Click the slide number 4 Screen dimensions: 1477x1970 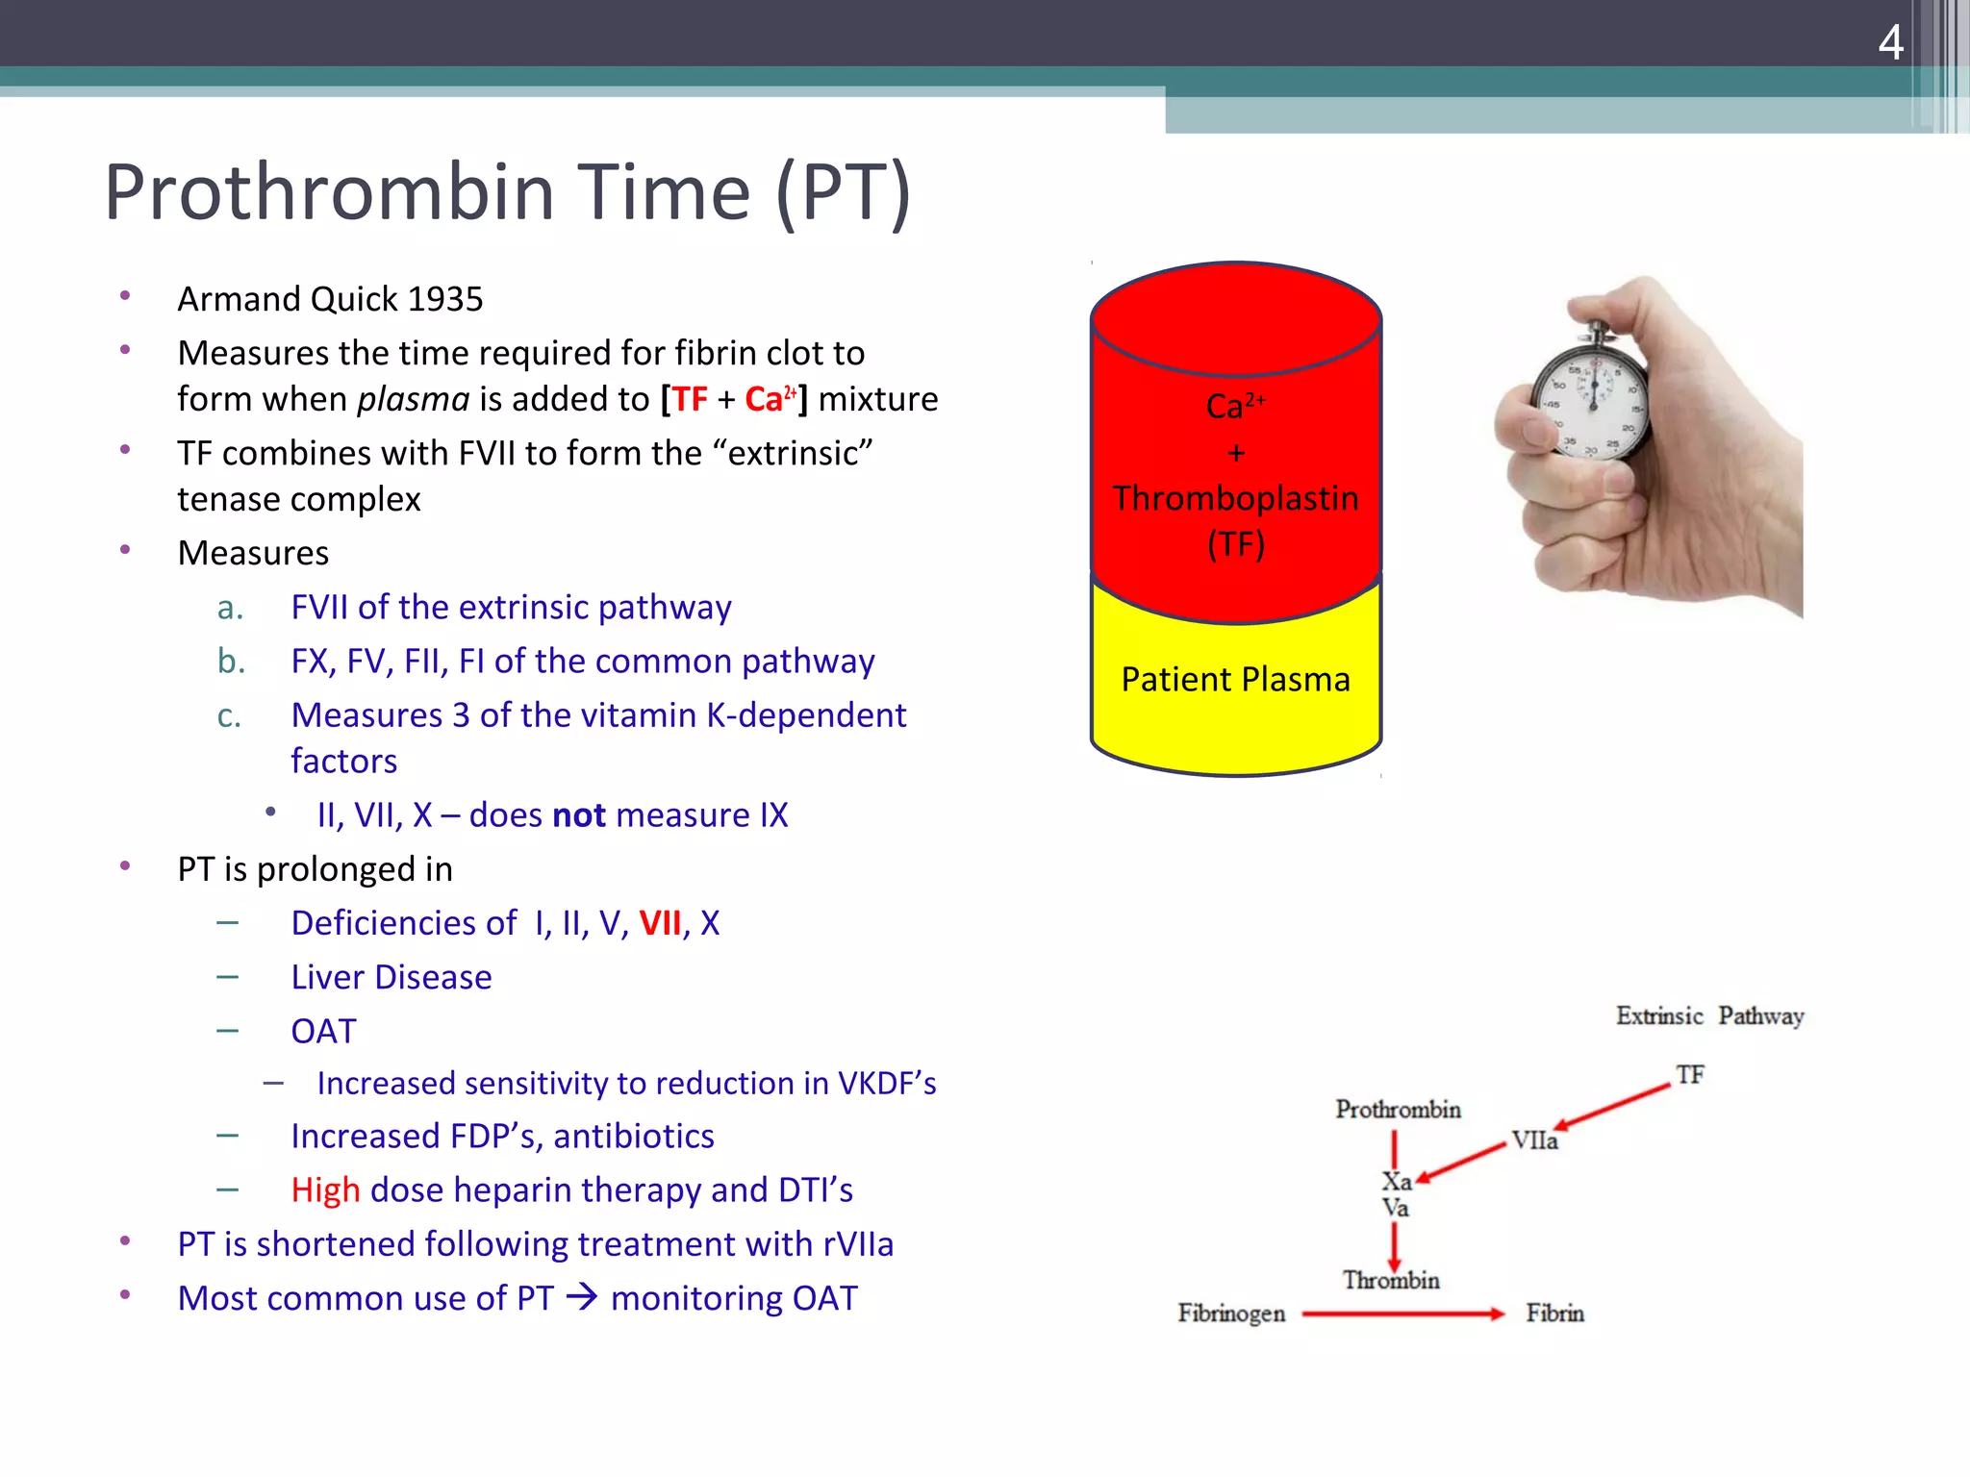(x=1890, y=43)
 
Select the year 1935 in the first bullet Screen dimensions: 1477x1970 (x=444, y=300)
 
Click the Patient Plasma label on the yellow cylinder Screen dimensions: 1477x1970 (x=1235, y=680)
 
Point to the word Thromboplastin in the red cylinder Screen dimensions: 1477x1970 (x=1235, y=499)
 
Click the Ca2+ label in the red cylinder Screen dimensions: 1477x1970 (x=1235, y=405)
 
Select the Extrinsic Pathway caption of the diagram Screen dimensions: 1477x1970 (x=1709, y=1016)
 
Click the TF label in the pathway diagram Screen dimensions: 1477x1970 (x=1690, y=1074)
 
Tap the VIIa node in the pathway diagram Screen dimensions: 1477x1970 (x=1533, y=1140)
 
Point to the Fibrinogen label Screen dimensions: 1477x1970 (x=1231, y=1314)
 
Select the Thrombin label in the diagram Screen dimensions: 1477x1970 (x=1391, y=1281)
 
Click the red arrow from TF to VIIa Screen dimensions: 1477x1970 (x=1612, y=1106)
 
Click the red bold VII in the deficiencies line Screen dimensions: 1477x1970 (x=660, y=924)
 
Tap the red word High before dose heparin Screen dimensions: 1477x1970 (x=325, y=1190)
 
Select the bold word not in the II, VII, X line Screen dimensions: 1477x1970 (x=578, y=815)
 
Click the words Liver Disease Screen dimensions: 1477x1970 (x=391, y=978)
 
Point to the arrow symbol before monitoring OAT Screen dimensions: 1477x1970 (x=582, y=1298)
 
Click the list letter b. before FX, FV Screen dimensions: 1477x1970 (x=231, y=662)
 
